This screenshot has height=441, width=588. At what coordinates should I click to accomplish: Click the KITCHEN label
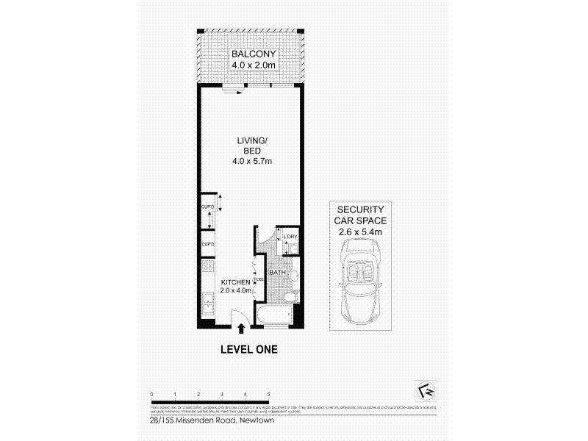tap(237, 282)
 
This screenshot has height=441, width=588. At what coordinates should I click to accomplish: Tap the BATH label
tap(277, 273)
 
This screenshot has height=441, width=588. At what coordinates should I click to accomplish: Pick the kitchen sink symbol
tap(208, 301)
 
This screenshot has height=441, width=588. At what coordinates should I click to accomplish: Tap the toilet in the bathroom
tap(290, 298)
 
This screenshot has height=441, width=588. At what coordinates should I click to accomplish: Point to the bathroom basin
tap(293, 276)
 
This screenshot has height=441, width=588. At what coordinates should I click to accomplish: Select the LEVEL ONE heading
tap(249, 350)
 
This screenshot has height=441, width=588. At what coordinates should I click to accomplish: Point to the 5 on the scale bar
tap(270, 395)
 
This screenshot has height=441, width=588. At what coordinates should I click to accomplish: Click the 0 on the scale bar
tap(151, 395)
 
